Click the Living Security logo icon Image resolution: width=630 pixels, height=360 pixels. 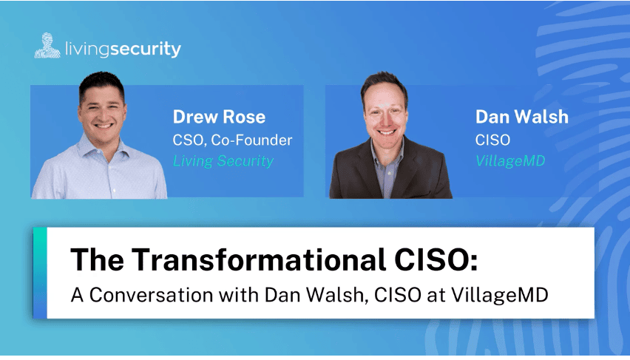tap(47, 45)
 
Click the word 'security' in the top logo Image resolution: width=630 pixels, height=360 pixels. tap(146, 50)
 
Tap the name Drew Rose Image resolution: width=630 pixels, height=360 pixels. tap(219, 117)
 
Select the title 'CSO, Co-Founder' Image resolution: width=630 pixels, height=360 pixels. tap(232, 140)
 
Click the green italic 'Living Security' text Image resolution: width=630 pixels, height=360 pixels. tap(223, 161)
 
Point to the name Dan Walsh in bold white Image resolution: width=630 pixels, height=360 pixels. tap(522, 117)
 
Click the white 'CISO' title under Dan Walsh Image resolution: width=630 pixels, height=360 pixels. tap(492, 140)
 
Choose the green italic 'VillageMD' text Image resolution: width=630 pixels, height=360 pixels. tap(510, 161)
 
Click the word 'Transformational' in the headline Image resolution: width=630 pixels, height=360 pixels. tap(259, 259)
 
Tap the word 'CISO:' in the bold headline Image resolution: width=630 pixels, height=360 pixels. tap(436, 259)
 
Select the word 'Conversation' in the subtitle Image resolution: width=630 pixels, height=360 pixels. tap(151, 295)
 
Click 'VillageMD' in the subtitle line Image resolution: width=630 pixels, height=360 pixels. tap(499, 296)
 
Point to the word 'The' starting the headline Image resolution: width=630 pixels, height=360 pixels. tap(97, 259)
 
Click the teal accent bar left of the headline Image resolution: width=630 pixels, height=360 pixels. tap(40, 273)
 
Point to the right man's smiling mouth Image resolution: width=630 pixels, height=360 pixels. tap(387, 132)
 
